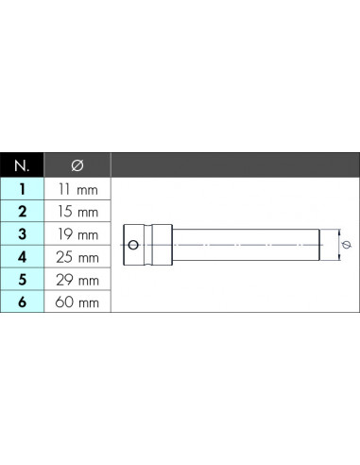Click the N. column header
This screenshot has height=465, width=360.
click(22, 165)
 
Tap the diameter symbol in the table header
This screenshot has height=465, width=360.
click(77, 165)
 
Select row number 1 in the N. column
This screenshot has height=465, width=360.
click(22, 189)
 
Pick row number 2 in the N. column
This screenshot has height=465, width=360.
click(22, 212)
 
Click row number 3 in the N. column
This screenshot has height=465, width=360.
click(22, 234)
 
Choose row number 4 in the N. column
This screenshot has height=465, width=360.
click(22, 257)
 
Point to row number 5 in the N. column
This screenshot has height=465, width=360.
click(22, 280)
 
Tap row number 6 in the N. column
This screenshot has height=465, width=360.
click(22, 301)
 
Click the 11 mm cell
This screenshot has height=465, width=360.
click(77, 189)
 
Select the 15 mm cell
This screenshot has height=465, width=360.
click(77, 212)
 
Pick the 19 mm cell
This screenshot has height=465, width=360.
click(77, 234)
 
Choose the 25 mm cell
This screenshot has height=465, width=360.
click(77, 257)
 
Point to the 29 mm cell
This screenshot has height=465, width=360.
click(77, 280)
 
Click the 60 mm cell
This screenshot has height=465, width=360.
click(77, 302)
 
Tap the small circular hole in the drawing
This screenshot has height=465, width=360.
click(133, 245)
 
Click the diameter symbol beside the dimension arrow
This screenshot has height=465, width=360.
click(347, 245)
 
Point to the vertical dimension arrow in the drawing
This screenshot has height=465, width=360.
click(339, 245)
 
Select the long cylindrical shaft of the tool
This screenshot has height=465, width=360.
click(246, 245)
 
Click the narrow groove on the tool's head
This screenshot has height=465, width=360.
click(148, 245)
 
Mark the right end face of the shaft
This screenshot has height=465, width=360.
click(319, 245)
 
